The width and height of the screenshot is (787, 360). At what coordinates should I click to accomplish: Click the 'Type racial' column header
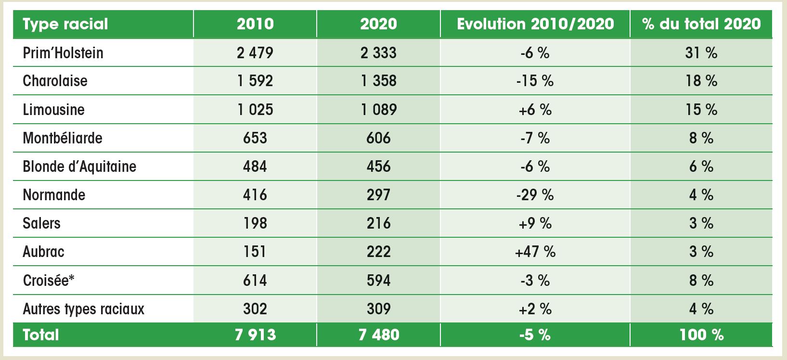click(65, 24)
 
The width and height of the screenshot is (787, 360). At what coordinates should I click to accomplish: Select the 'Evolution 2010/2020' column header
click(535, 24)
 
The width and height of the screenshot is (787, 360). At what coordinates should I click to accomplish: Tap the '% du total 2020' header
click(701, 24)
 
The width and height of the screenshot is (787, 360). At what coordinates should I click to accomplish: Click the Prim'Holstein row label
click(63, 52)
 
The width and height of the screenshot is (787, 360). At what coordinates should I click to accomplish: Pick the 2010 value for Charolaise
click(255, 81)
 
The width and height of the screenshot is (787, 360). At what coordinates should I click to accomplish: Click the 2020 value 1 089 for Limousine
click(379, 109)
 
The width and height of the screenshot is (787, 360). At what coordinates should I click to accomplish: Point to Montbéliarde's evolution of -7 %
click(535, 138)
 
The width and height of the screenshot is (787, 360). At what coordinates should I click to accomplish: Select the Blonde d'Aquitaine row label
click(79, 167)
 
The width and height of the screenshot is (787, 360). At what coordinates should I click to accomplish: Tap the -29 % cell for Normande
click(535, 195)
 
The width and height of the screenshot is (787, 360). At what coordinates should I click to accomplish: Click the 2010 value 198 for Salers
click(255, 223)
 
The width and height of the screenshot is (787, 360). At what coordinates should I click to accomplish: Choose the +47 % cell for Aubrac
click(535, 252)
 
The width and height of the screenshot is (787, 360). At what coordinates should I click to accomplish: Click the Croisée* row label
click(49, 281)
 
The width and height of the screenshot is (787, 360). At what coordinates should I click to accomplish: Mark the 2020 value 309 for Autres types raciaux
click(379, 309)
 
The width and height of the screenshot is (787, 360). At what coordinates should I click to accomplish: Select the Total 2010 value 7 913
click(255, 334)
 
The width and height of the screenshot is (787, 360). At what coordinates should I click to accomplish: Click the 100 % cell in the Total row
click(701, 334)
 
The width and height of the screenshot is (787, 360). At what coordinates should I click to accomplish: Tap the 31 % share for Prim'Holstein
click(701, 52)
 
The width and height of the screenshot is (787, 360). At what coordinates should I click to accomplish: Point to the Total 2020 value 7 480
click(379, 334)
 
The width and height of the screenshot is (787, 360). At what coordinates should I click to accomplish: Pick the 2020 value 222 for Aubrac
click(379, 252)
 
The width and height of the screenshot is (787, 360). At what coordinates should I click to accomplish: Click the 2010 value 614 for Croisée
click(255, 281)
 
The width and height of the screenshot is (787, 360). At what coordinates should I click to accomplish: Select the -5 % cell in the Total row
click(535, 334)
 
